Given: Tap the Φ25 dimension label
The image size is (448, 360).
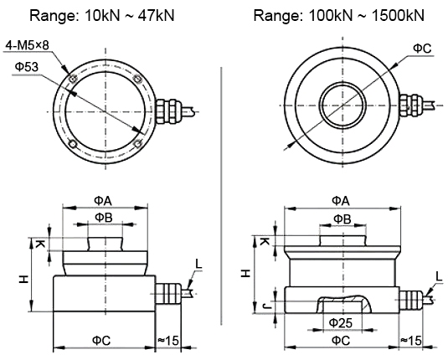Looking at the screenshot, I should tap(339, 321).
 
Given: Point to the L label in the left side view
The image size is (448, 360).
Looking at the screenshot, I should tap(198, 264).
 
